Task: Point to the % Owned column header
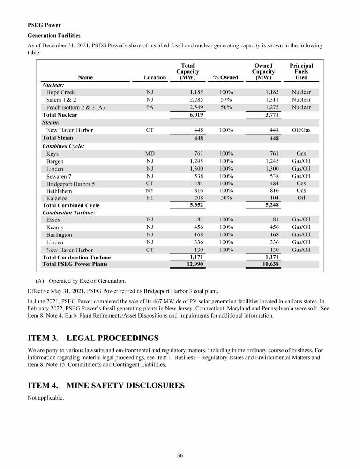pyautogui.click(x=225, y=78)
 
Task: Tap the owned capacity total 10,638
pyautogui.click(x=269, y=264)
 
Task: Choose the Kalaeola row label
pyautogui.click(x=59, y=198)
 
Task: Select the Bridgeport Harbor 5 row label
pyautogui.click(x=70, y=183)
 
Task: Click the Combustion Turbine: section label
pyautogui.click(x=70, y=212)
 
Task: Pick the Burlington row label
pyautogui.click(x=59, y=234)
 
